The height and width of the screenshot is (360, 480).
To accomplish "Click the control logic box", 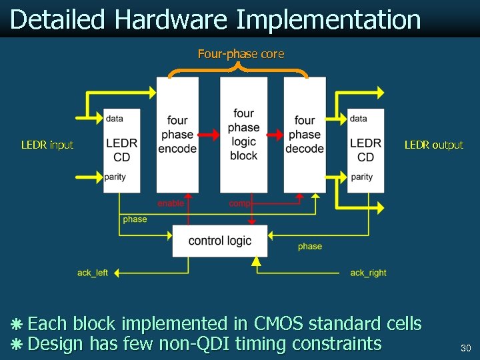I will [x=220, y=241].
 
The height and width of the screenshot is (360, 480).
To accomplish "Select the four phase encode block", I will [x=177, y=135].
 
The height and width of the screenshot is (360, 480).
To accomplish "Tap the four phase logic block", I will [x=243, y=135].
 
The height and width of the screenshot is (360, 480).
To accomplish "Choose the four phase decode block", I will [x=305, y=135].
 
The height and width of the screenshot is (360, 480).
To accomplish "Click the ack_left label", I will [x=93, y=273].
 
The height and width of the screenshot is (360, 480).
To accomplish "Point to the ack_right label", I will [x=368, y=273].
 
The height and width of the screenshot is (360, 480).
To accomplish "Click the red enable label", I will [x=171, y=203].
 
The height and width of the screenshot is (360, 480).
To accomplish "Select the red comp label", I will [x=239, y=203].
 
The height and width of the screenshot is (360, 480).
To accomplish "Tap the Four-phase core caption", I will [x=241, y=54].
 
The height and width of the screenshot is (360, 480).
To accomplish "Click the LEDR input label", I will [x=47, y=145].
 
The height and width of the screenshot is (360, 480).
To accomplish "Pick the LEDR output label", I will [x=433, y=145].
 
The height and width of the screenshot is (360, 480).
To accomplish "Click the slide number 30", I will [x=465, y=348].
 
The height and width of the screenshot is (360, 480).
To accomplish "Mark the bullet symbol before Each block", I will [x=17, y=325].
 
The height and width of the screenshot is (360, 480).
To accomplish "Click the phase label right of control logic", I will [x=310, y=247].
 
